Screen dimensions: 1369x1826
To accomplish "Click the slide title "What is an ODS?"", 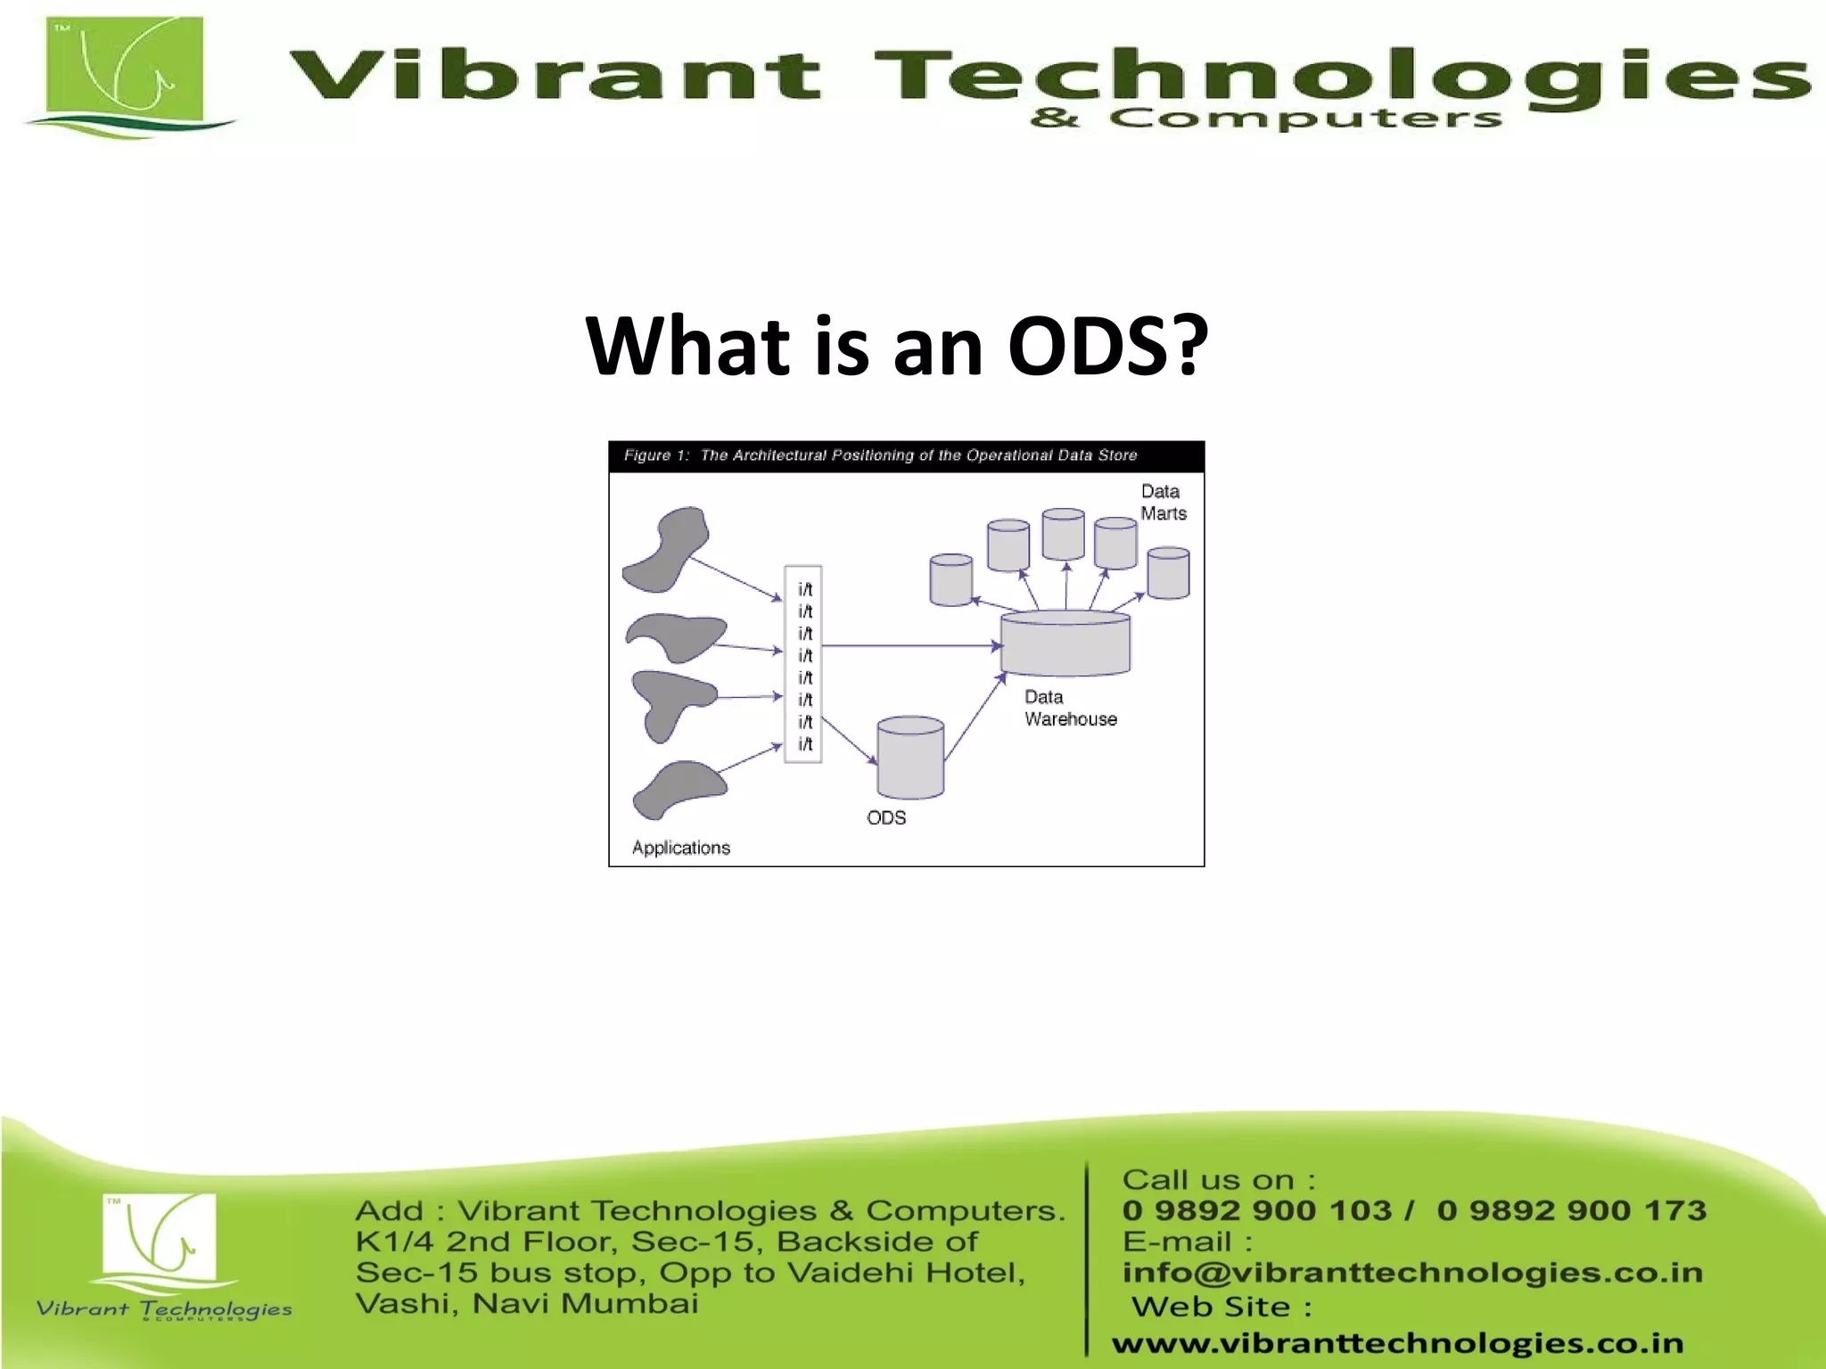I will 896,346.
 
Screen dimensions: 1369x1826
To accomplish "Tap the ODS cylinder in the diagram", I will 909,758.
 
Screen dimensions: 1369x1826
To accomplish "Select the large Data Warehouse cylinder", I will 1065,644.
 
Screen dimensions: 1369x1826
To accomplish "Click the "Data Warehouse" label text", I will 1069,708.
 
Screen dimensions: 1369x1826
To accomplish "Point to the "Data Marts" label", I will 1163,502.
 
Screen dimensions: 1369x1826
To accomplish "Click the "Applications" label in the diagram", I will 680,848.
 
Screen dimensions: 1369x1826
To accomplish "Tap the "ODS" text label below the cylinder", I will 885,817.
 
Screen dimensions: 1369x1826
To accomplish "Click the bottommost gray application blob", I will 679,789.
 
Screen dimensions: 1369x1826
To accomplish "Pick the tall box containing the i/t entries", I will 802,664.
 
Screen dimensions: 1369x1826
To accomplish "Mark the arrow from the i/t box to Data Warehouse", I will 909,645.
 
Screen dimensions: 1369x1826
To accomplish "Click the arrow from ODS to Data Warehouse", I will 975,717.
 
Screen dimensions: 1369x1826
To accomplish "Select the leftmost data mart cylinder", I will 950,579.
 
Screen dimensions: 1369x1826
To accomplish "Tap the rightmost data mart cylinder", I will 1168,573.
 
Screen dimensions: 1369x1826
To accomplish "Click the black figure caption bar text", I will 880,455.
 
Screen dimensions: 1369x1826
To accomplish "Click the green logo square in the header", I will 125,71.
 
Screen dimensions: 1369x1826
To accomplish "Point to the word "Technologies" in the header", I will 1337,76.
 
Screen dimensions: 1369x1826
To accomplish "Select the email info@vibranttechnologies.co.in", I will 1412,1272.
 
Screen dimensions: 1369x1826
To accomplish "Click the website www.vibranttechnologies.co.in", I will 1397,1342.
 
